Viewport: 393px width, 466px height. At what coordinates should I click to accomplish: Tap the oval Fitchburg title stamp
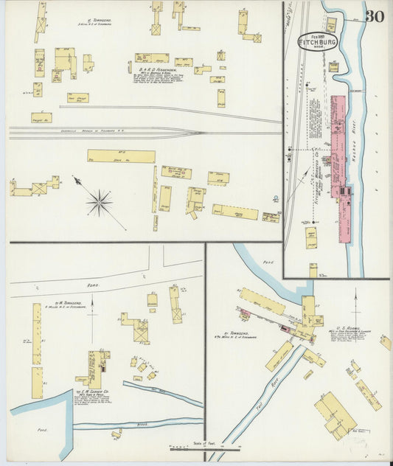[x=318, y=41]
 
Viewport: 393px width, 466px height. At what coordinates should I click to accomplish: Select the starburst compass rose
[x=99, y=202]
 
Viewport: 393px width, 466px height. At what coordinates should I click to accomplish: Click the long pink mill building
[x=340, y=166]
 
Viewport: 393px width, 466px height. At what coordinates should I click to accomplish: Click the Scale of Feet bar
[x=205, y=448]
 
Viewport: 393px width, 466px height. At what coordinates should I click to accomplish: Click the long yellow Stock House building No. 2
[x=121, y=156]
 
